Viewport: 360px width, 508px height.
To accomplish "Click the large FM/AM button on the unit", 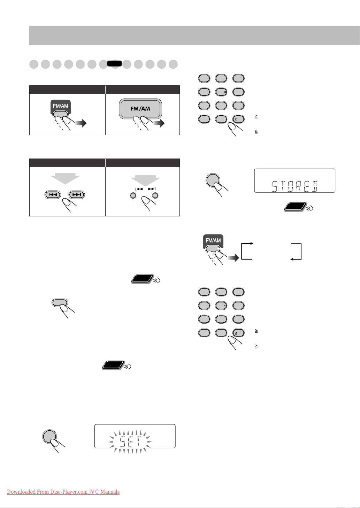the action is [x=140, y=109].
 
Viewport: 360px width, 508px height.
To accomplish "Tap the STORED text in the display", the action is [x=295, y=186].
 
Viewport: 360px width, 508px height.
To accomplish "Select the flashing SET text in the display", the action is [x=130, y=441].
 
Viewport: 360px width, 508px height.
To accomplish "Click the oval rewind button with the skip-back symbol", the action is [x=53, y=194].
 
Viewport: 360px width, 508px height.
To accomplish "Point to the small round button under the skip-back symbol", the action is [x=133, y=195].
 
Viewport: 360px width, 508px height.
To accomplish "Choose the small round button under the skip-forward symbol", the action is [x=155, y=195].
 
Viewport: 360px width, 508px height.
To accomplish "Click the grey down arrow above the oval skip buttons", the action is [x=65, y=179].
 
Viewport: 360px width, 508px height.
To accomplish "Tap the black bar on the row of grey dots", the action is [x=114, y=63].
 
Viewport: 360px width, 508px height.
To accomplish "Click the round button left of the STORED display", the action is [x=213, y=180].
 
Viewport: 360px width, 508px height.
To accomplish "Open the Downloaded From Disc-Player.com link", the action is [x=63, y=492].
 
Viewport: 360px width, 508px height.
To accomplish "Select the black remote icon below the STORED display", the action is [x=295, y=207].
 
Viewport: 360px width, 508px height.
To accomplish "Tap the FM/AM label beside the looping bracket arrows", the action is [x=213, y=240].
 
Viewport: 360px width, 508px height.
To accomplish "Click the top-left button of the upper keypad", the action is [x=204, y=78].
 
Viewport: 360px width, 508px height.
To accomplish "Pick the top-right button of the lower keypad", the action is [x=238, y=292].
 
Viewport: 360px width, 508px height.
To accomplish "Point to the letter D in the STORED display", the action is [x=315, y=186].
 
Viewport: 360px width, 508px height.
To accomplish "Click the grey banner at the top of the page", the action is [x=194, y=36].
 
